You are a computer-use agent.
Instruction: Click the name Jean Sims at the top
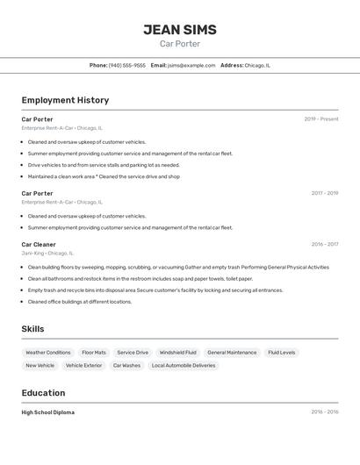click(x=180, y=30)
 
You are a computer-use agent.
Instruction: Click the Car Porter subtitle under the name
click(x=180, y=44)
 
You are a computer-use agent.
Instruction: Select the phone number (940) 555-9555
click(x=127, y=65)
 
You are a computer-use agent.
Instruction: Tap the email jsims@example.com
click(x=191, y=65)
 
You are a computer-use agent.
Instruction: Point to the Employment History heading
click(x=65, y=100)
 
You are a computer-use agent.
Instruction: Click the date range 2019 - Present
click(x=320, y=119)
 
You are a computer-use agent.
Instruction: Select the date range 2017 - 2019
click(x=324, y=193)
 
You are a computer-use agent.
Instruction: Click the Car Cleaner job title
click(x=39, y=245)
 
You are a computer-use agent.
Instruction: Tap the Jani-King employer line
click(x=50, y=253)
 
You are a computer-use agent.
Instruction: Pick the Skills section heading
click(x=33, y=329)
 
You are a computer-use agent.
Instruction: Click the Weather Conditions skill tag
click(x=47, y=353)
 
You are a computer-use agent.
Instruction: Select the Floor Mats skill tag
click(x=94, y=353)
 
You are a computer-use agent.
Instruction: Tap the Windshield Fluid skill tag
click(x=178, y=353)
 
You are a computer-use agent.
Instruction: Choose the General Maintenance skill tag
click(x=232, y=353)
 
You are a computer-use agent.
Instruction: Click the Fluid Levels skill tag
click(x=282, y=353)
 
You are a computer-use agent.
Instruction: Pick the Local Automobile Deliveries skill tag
click(x=184, y=365)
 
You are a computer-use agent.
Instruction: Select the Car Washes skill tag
click(x=126, y=365)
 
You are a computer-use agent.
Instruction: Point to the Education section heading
click(x=43, y=393)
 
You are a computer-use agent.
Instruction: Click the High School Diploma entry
click(x=48, y=412)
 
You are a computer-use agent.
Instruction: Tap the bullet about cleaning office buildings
click(x=80, y=302)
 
